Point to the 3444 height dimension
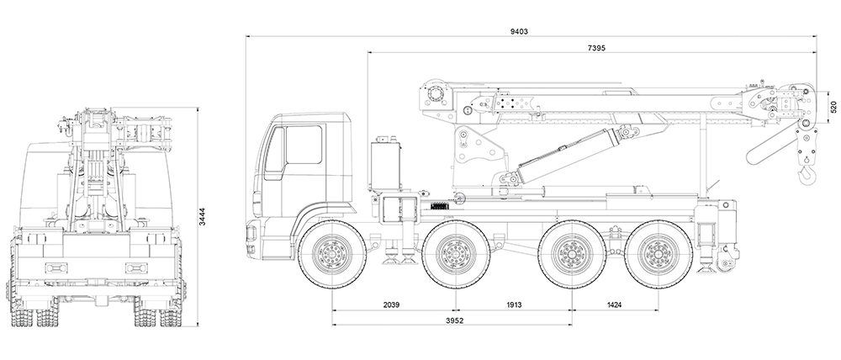point(202,217)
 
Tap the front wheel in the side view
point(333,252)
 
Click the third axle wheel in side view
point(573,252)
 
